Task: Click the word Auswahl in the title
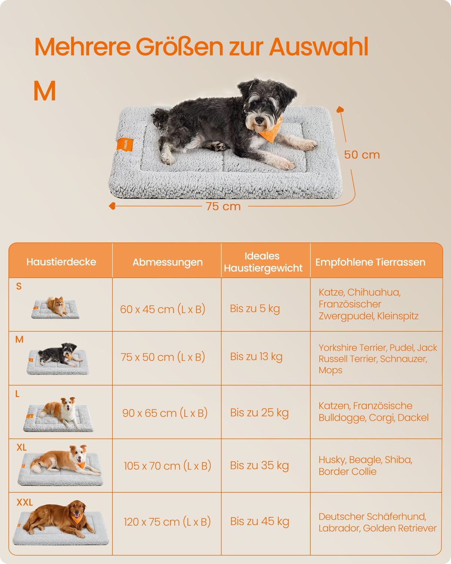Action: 319,47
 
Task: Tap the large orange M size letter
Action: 45,91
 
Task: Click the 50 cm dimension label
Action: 362,155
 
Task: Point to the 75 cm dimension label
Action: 223,206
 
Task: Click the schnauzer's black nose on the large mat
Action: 259,120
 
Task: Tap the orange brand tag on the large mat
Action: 125,144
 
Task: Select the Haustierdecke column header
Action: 61,262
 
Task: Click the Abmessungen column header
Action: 168,262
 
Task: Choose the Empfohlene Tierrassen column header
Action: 370,262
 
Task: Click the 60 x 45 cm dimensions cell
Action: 162,309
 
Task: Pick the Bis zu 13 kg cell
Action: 256,357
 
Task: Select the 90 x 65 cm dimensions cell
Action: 165,413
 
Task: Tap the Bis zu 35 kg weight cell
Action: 259,465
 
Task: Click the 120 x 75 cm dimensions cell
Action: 167,522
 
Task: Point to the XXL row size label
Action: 25,502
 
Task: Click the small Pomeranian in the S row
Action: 56,306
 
